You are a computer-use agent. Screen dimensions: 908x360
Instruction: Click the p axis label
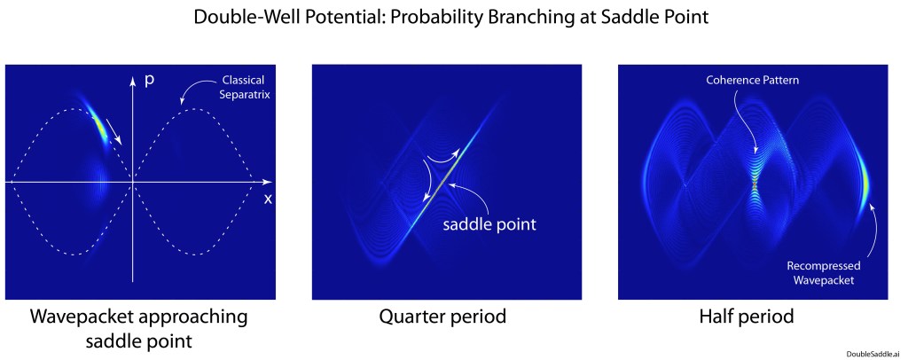[x=149, y=81]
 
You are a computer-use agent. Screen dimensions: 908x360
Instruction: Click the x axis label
[x=268, y=200]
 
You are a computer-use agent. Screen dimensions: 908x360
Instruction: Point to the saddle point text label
[x=489, y=224]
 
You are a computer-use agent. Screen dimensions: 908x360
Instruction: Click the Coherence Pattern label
[x=752, y=81]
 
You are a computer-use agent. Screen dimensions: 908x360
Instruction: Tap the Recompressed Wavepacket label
[x=824, y=272]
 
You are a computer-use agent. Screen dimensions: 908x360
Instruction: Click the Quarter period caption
[x=443, y=317]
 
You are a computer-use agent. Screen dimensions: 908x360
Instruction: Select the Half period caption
[x=747, y=317]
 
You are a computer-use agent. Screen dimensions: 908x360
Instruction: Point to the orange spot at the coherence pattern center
[x=755, y=184]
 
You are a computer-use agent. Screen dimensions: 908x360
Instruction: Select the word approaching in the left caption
[x=198, y=317]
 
